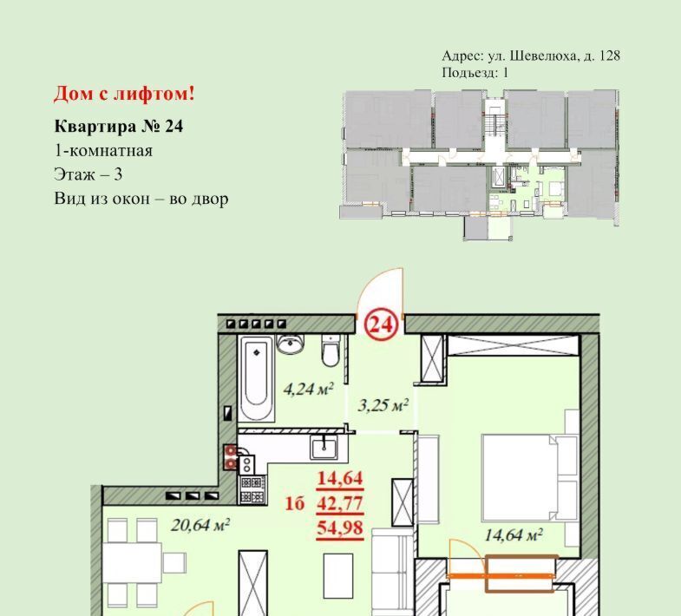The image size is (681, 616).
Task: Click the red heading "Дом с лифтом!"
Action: [124, 94]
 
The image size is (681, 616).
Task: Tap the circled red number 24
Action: [382, 324]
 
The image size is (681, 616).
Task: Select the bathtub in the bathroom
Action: [256, 378]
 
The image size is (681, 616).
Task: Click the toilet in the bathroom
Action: [331, 351]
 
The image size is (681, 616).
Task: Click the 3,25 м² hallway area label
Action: [383, 406]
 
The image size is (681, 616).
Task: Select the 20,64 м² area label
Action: [200, 526]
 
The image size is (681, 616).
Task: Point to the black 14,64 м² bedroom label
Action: [514, 534]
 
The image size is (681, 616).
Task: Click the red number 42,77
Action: [339, 503]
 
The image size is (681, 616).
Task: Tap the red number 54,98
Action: [339, 528]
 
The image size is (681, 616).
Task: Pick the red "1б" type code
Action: [294, 504]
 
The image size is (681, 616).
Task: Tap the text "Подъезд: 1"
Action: [475, 72]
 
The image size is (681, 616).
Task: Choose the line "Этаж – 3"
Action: [88, 174]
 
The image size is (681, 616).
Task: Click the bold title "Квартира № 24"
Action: [119, 127]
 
